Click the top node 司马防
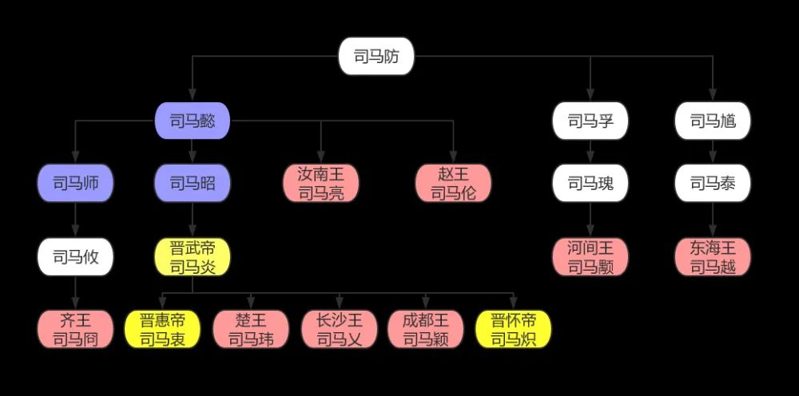(x=376, y=56)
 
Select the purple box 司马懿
(x=193, y=121)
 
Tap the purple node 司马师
(x=75, y=183)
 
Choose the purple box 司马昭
(x=193, y=183)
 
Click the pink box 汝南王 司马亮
(x=321, y=183)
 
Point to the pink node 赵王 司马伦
(x=454, y=183)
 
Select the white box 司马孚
(x=590, y=121)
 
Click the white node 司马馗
(x=713, y=121)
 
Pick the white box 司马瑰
(x=590, y=183)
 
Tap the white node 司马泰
(x=713, y=183)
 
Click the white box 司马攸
(x=75, y=257)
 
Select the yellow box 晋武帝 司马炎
(x=193, y=257)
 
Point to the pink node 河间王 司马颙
(x=590, y=257)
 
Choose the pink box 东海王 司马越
(x=713, y=257)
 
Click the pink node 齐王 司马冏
(x=75, y=329)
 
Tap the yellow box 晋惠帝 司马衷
(x=162, y=329)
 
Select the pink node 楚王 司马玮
(x=251, y=329)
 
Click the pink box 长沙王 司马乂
(x=340, y=329)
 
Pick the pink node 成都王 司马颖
(x=426, y=329)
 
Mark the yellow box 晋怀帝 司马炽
(x=514, y=329)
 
